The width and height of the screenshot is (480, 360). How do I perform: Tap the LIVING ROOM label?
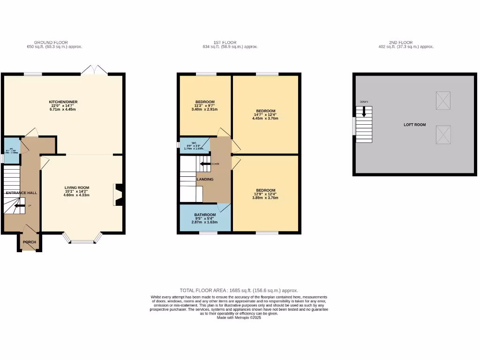[x=77, y=187]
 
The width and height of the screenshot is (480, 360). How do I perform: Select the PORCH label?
[x=30, y=242]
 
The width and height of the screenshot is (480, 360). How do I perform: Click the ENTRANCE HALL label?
[x=21, y=193]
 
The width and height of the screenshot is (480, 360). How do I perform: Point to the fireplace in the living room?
[x=117, y=195]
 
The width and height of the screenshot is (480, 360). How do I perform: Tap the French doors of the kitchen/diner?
[x=94, y=70]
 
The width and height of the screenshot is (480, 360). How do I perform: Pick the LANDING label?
[x=205, y=179]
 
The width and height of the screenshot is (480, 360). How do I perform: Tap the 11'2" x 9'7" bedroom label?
[x=205, y=102]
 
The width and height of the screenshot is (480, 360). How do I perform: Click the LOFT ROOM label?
[x=415, y=125]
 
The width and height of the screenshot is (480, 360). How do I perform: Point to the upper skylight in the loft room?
[x=443, y=100]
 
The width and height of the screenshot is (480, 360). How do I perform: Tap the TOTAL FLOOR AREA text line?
[x=239, y=291]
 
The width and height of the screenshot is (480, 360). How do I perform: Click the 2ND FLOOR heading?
[x=406, y=42]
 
